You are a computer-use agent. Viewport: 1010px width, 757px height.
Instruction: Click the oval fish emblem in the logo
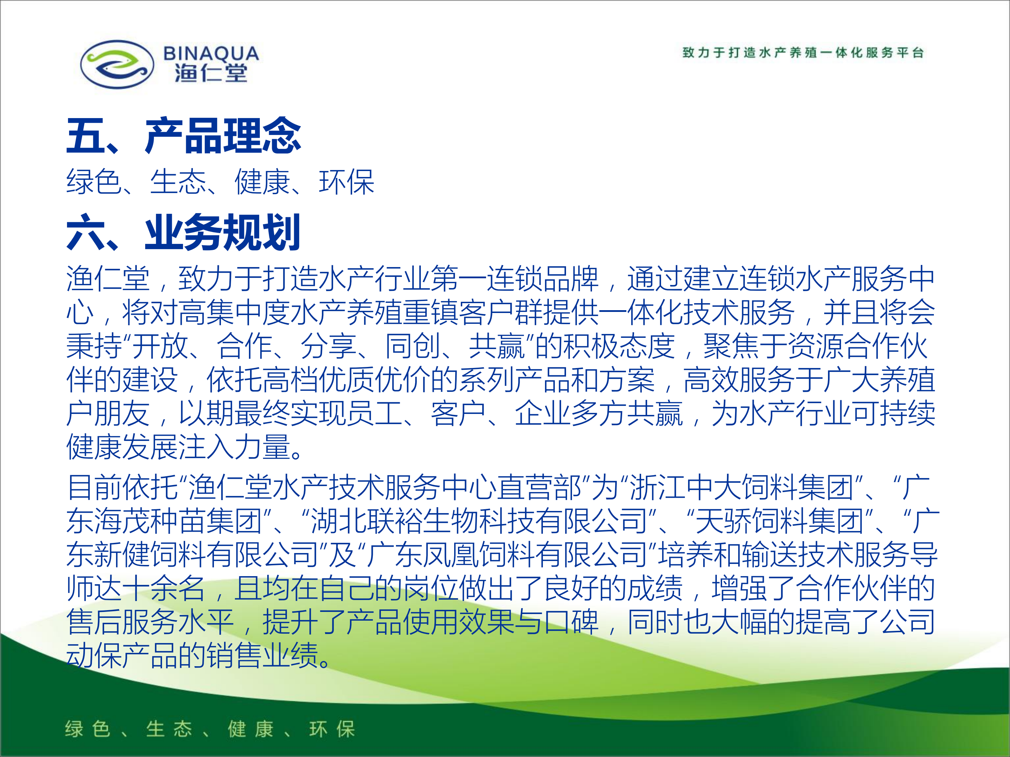(117, 64)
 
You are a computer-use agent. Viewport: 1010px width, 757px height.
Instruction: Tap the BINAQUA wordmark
(211, 53)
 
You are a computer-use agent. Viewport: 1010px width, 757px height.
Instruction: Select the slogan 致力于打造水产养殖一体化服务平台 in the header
(803, 53)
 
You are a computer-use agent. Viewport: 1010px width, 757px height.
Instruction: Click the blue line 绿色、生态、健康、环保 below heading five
(221, 182)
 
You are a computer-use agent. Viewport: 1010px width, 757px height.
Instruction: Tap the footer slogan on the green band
(210, 729)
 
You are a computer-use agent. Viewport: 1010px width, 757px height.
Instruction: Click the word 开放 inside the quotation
(160, 346)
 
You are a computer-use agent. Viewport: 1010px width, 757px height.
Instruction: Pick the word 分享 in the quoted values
(328, 346)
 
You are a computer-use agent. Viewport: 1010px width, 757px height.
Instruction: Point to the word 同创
(413, 346)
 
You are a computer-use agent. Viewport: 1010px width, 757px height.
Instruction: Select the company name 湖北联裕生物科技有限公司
(479, 521)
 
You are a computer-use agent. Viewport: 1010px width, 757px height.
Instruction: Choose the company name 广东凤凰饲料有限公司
(507, 554)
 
